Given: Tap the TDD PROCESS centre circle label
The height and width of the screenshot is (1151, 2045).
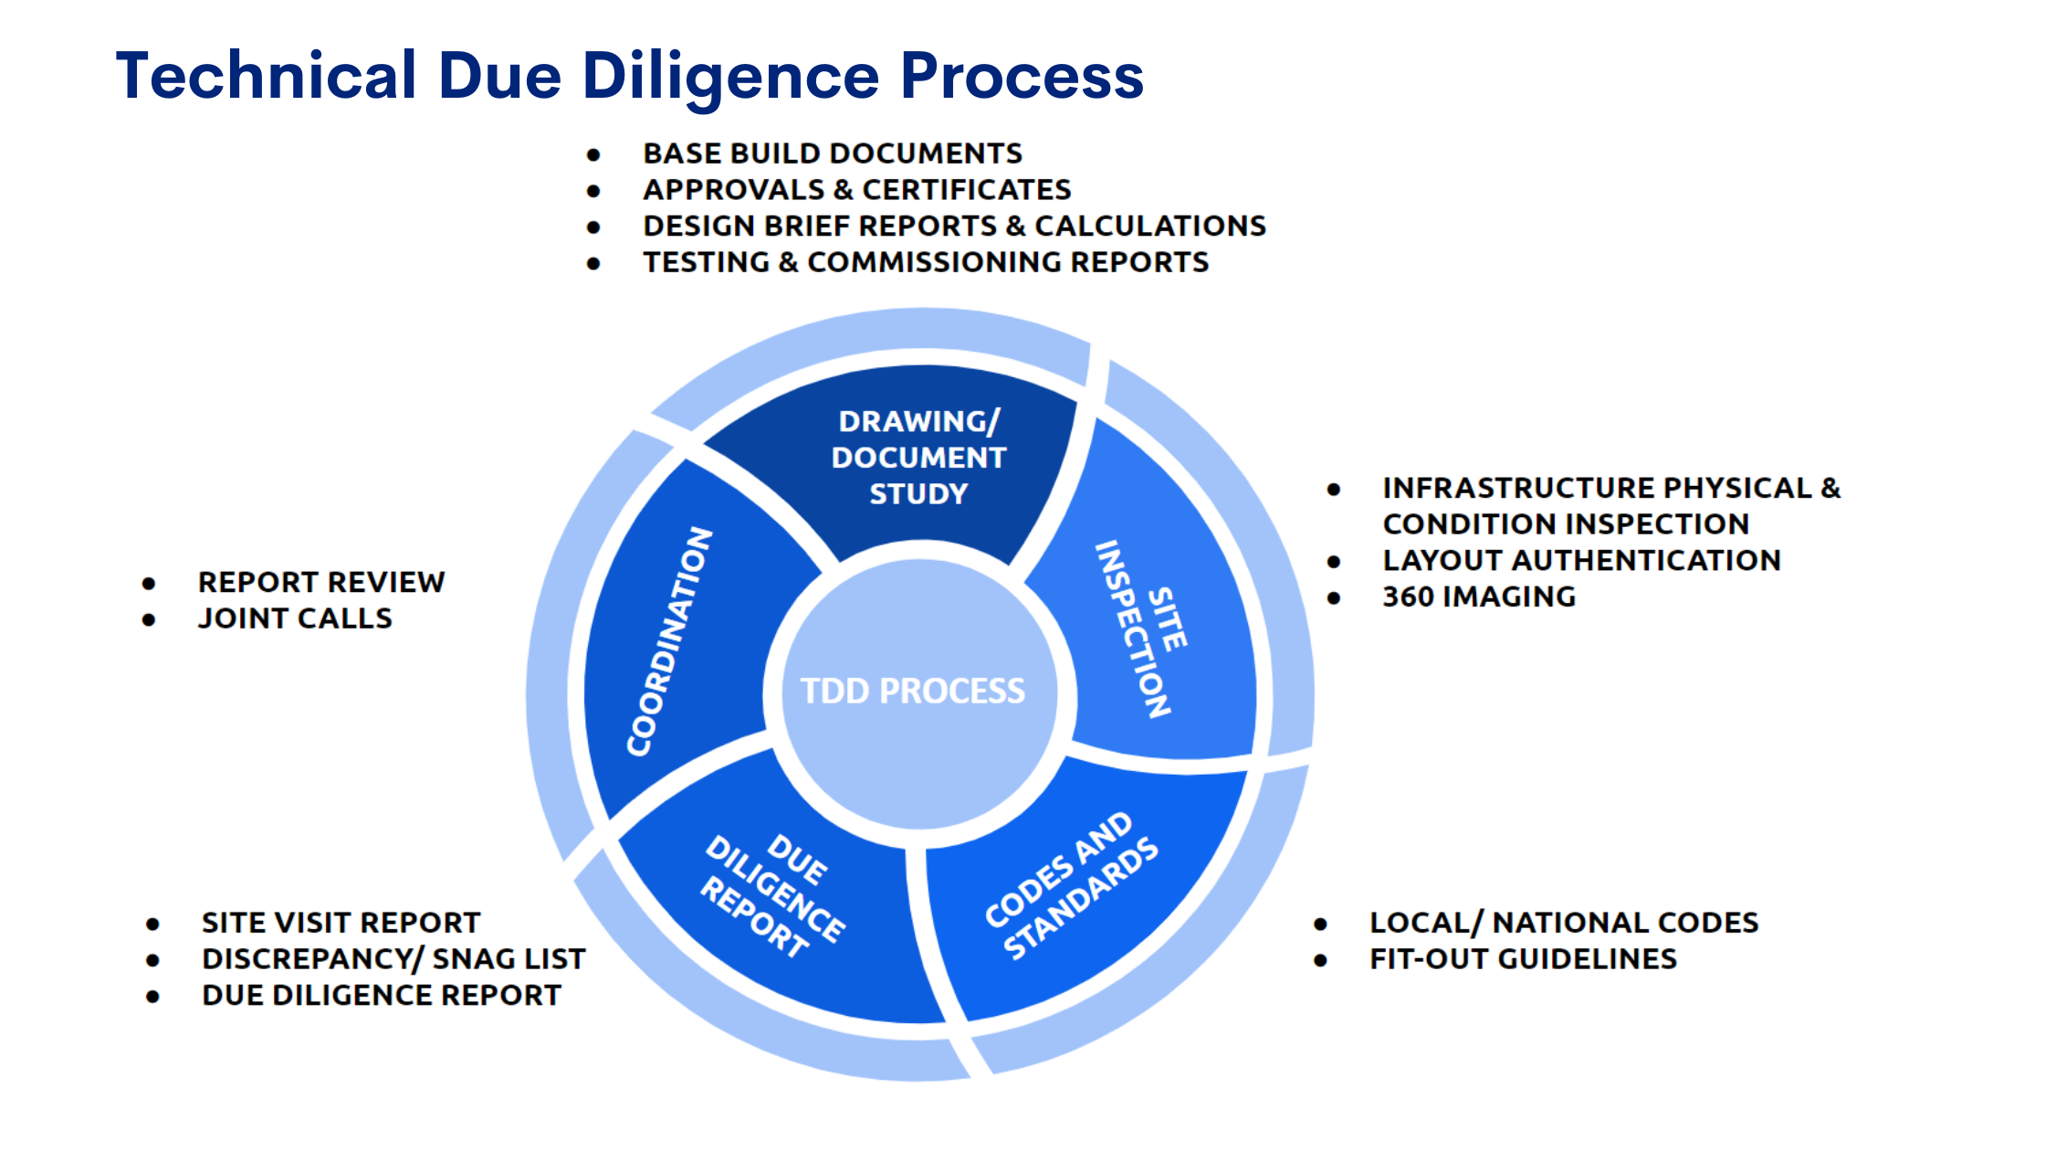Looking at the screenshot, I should pyautogui.click(x=913, y=692).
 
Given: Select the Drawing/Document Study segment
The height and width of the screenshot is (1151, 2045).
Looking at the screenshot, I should pyautogui.click(x=918, y=458).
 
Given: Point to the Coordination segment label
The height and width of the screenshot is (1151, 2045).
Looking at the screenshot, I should pyautogui.click(x=669, y=641).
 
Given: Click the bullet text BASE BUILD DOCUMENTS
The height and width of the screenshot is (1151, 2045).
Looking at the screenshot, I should pyautogui.click(x=833, y=153).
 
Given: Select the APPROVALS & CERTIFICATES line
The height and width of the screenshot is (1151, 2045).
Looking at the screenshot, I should pyautogui.click(x=856, y=190).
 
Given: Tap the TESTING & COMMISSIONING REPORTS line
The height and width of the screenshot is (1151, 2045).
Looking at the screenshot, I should pyautogui.click(x=926, y=263).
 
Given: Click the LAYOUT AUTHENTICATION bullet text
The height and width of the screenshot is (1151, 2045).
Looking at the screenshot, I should pyautogui.click(x=1581, y=560).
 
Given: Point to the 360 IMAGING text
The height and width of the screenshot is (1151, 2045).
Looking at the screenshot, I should pyautogui.click(x=1479, y=597).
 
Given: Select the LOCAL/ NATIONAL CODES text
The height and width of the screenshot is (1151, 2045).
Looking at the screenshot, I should pyautogui.click(x=1564, y=923).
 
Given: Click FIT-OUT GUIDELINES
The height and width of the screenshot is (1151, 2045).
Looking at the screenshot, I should pyautogui.click(x=1523, y=959).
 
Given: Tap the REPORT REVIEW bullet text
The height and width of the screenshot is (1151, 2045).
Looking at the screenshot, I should pyautogui.click(x=321, y=582).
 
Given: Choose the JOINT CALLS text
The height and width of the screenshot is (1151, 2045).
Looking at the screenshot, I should pyautogui.click(x=295, y=618).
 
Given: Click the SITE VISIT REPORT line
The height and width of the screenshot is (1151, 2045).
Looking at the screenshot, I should pyautogui.click(x=341, y=923).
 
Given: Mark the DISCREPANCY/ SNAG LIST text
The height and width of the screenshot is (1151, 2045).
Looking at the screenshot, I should pyautogui.click(x=393, y=959).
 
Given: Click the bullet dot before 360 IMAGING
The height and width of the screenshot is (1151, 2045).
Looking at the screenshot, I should pyautogui.click(x=1334, y=598).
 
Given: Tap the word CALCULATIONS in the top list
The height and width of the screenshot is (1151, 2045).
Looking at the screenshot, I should pyautogui.click(x=1149, y=227).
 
